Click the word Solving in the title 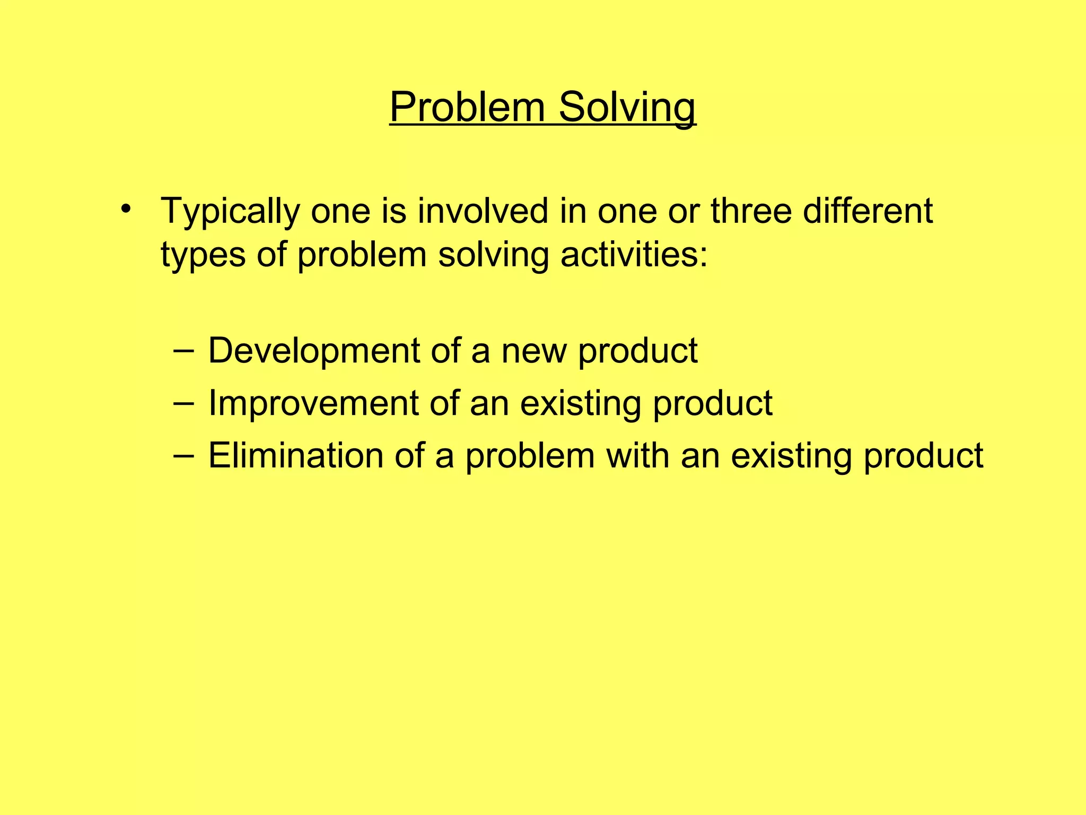627,108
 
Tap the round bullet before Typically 125,208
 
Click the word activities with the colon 634,255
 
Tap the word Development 313,352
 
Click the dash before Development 183,351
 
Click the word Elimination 295,456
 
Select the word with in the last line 637,456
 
